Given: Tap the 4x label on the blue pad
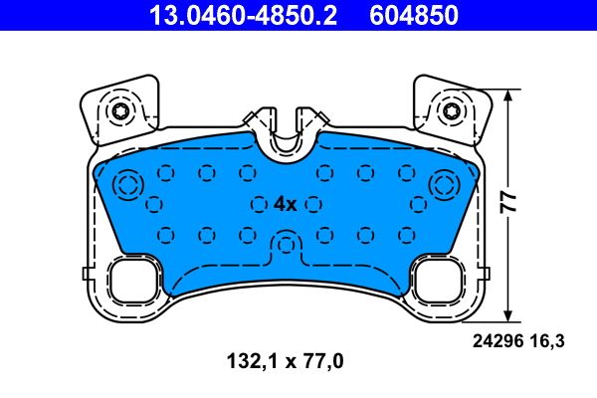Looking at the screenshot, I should click(x=285, y=204).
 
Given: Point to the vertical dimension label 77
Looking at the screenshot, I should click(x=508, y=203).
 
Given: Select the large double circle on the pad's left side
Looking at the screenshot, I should click(x=128, y=185).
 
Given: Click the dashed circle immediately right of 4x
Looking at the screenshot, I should click(x=314, y=204).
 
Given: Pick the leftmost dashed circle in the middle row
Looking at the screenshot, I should click(x=154, y=204).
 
